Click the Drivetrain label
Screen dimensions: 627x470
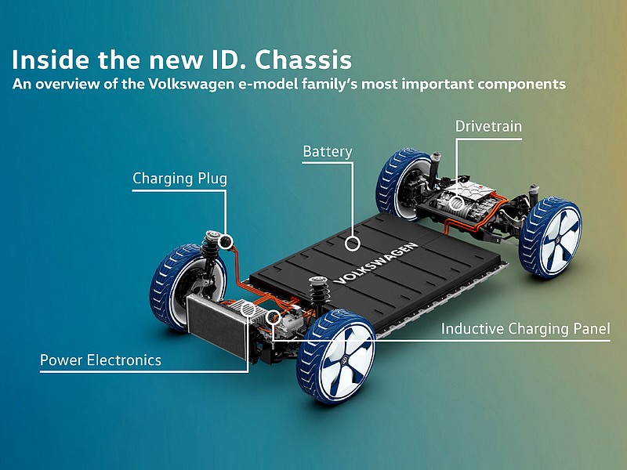[488, 126]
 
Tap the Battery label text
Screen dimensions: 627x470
[328, 151]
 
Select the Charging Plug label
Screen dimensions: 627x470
[179, 179]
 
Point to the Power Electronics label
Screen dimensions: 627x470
[101, 360]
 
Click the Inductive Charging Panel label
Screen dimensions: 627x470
[525, 328]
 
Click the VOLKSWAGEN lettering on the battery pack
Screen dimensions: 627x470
[376, 264]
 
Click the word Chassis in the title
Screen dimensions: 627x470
[303, 60]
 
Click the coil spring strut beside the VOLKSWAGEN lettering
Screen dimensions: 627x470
[319, 294]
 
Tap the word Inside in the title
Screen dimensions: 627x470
[50, 60]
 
